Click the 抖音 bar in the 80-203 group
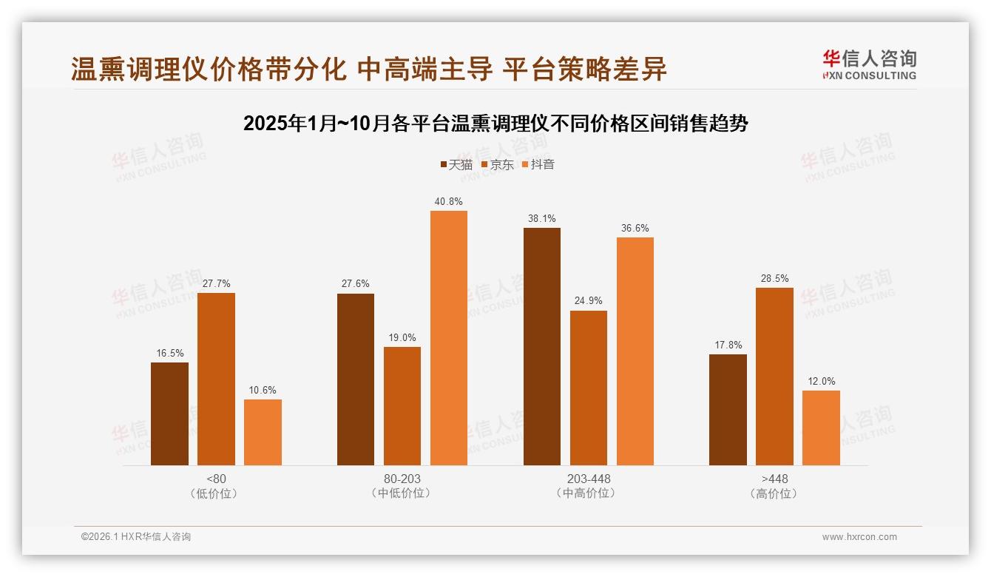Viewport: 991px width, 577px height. click(449, 338)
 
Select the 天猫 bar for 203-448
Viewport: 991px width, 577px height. click(542, 346)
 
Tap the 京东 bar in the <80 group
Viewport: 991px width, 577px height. click(216, 379)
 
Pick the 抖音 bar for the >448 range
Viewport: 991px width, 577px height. click(821, 428)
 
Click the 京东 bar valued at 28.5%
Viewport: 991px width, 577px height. click(774, 376)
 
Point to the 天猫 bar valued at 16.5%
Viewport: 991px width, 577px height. click(169, 414)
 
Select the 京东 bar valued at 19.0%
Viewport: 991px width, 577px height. click(402, 405)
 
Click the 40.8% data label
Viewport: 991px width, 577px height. click(449, 201)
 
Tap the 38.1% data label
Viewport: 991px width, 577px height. click(542, 218)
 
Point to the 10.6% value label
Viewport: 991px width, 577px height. click(263, 390)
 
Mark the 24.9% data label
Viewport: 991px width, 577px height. click(589, 300)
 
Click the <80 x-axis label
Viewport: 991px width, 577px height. click(216, 479)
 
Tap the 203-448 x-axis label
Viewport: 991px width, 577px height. click(589, 479)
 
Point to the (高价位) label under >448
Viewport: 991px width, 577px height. click(774, 493)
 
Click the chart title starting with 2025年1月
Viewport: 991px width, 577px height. click(495, 123)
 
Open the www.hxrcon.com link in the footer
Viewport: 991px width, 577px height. click(859, 537)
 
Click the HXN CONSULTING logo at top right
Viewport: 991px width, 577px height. click(870, 65)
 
